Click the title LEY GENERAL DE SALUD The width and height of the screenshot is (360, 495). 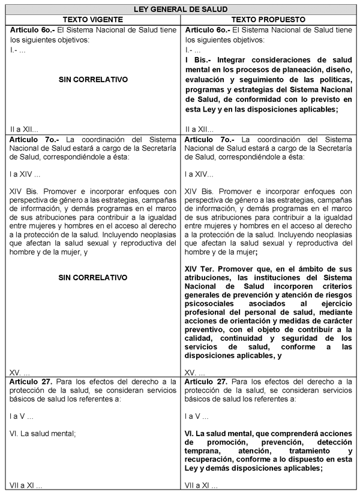pyautogui.click(x=181, y=8)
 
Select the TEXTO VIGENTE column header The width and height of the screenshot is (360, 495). pyautogui.click(x=93, y=19)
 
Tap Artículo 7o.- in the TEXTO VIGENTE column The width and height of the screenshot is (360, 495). pyautogui.click(x=31, y=139)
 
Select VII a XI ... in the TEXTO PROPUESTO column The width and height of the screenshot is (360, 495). pyautogui.click(x=201, y=485)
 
